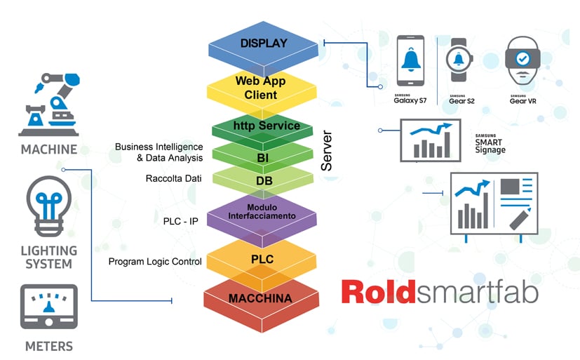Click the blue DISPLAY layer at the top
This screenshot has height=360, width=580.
coord(264,44)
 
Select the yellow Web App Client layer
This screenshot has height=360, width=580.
coord(261,88)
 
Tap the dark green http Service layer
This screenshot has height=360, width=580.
coord(262,126)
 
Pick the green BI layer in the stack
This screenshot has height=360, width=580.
coord(262,158)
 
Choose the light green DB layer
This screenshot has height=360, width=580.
coord(262,181)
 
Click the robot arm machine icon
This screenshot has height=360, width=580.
coord(48,102)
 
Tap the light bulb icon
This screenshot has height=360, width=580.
coord(48,204)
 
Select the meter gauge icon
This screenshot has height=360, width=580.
coord(48,307)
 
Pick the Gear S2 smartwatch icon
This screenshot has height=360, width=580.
coord(457,62)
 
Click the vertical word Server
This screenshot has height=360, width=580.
coord(327,150)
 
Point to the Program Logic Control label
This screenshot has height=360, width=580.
coord(155,262)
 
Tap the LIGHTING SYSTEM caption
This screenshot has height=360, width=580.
coord(48,257)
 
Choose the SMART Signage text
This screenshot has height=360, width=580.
coord(490,145)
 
